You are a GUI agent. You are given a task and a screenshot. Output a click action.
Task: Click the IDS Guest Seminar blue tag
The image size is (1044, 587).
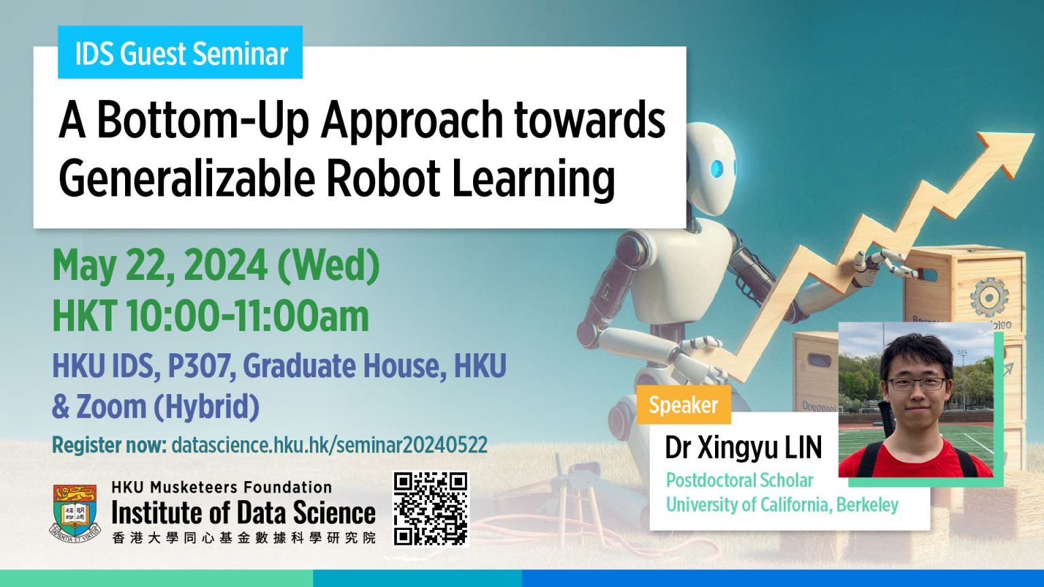coord(180,53)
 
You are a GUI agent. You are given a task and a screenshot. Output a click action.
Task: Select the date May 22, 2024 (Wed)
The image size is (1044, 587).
coord(215,266)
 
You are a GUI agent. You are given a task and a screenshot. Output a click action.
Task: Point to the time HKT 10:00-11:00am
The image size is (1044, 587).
coord(211,317)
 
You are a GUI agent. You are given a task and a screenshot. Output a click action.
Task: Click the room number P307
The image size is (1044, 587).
coord(201,366)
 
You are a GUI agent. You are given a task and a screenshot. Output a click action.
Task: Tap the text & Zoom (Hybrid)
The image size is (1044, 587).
coord(156,407)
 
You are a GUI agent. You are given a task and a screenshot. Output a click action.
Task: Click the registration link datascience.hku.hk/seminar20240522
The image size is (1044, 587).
coord(329,445)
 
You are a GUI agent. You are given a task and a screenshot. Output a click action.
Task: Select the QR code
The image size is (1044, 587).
coord(431,508)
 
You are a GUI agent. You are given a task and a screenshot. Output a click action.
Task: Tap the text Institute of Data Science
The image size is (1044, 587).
coord(243,513)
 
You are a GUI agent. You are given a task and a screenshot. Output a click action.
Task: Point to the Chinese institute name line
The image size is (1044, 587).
coord(243,538)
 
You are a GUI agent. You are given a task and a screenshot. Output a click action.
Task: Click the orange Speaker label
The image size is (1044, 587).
coord(683,405)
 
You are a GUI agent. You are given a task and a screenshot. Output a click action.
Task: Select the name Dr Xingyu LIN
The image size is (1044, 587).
coord(743,448)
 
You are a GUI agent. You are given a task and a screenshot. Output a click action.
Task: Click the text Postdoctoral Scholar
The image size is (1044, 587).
coord(739,480)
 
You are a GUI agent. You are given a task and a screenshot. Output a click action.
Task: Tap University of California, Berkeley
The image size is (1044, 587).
coord(782,505)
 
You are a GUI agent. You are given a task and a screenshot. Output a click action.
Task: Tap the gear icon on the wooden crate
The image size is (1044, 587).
coord(988,297)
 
